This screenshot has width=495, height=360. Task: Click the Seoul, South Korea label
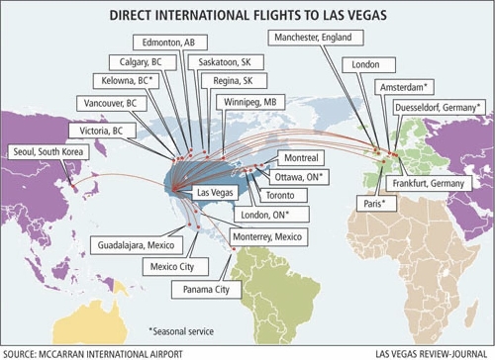pyautogui.click(x=47, y=151)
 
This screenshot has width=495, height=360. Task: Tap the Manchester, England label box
pyautogui.click(x=316, y=38)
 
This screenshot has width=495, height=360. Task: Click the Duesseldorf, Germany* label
pyautogui.click(x=436, y=106)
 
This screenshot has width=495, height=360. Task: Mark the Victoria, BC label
pyautogui.click(x=97, y=130)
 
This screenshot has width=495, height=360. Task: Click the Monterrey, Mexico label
pyautogui.click(x=268, y=238)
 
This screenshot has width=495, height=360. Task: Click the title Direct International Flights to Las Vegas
pyautogui.click(x=247, y=13)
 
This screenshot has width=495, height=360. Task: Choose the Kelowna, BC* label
pyautogui.click(x=126, y=80)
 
